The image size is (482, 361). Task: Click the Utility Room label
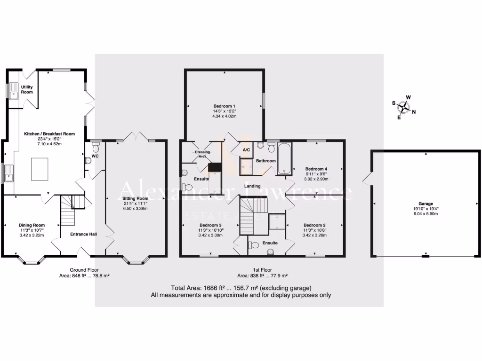27,89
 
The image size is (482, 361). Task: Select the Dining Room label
32,225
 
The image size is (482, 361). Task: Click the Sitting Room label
136,198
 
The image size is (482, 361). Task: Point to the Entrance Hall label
83,234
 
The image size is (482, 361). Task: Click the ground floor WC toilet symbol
88,160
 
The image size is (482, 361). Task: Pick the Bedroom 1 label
224,106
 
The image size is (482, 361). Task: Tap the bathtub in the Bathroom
284,160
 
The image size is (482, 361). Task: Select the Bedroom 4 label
316,169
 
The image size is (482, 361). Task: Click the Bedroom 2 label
314,225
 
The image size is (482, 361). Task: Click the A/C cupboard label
246,150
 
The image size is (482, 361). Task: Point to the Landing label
252,186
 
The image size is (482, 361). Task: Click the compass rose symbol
403,107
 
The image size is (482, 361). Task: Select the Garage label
426,204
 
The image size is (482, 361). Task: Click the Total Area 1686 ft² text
241,288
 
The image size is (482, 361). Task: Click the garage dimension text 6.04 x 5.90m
426,214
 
